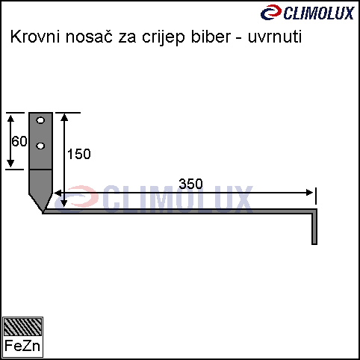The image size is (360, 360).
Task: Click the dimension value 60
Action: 19,141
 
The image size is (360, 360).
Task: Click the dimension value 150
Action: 79,154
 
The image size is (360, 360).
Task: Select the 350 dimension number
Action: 191,184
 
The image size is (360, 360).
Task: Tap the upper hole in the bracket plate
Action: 40,120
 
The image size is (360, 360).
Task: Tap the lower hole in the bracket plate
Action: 40,146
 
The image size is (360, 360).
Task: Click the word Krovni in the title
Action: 35,37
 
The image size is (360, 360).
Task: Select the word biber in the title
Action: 211,37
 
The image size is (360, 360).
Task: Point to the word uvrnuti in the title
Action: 275,37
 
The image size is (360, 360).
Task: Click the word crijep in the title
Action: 164,38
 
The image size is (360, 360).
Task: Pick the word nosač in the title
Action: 89,37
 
